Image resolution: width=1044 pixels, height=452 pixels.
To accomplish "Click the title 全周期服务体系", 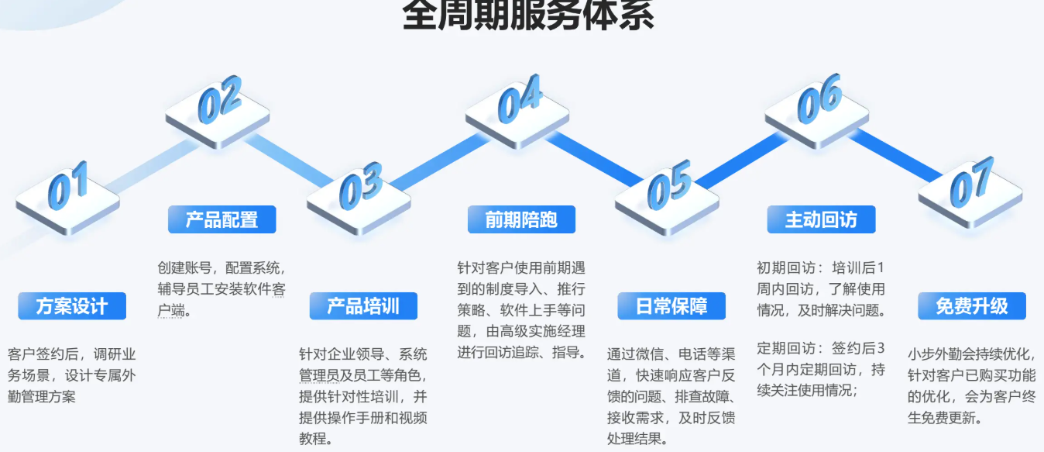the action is click(528, 15).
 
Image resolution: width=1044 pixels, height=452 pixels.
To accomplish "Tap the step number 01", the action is click(68, 185).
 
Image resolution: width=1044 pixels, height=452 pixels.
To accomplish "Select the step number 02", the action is click(220, 99).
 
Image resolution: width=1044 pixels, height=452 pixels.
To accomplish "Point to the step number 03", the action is click(361, 186).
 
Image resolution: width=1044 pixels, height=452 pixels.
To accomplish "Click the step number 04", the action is click(520, 98).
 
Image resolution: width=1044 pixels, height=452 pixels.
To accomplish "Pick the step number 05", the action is click(669, 185).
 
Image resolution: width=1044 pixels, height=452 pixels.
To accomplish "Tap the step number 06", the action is click(820, 98).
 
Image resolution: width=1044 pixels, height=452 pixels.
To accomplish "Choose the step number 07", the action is click(972, 182).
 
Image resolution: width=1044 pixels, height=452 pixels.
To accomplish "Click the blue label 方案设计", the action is click(72, 306).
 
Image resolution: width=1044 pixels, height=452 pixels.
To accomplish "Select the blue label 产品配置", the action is click(222, 219).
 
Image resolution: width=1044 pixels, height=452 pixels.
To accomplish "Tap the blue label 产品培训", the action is click(363, 306).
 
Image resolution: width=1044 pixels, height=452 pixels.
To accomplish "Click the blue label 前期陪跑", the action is click(521, 219).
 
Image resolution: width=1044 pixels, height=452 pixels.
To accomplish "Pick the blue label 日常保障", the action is click(671, 306).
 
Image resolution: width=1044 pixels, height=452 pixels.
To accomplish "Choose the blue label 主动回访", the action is click(821, 219).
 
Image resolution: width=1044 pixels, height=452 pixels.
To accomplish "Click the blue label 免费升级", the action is click(972, 306).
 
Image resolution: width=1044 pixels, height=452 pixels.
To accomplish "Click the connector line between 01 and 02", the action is click(152, 166).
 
